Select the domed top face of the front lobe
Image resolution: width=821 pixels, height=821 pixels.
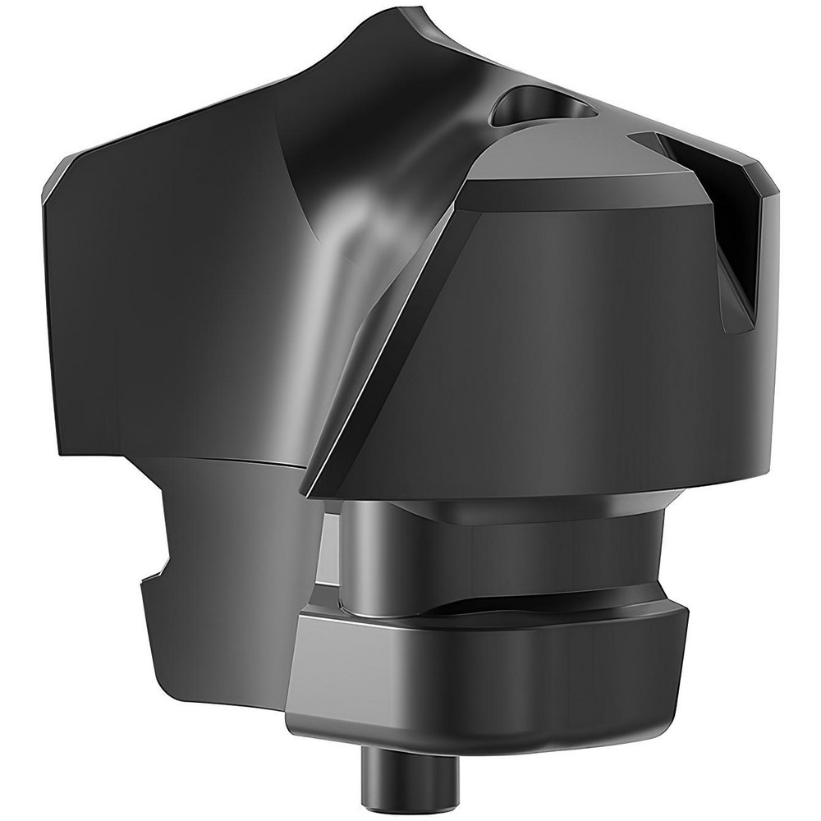point(575,164)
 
